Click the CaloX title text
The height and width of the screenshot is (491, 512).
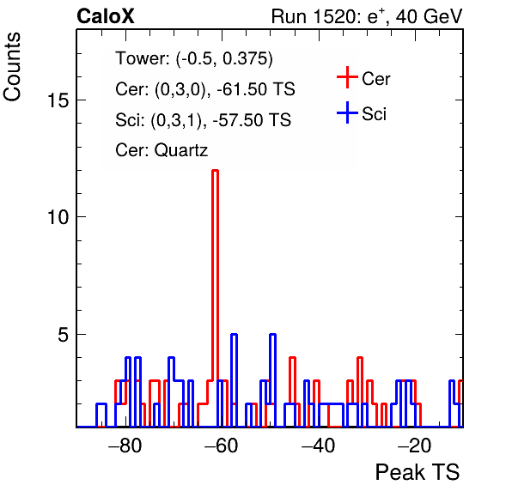(106, 16)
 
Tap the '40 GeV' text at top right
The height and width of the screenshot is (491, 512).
(429, 16)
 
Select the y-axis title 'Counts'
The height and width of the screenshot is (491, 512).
(12, 67)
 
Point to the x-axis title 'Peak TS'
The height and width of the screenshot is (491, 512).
(418, 472)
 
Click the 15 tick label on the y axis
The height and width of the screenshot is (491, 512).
(58, 100)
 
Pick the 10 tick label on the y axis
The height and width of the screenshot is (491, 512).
(58, 216)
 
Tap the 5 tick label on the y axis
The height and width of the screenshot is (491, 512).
(64, 334)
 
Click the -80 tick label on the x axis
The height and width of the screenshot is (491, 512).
(125, 446)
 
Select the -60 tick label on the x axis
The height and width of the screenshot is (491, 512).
(222, 446)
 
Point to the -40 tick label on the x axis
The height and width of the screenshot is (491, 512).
(318, 446)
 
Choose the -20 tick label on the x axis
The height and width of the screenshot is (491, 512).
(415, 446)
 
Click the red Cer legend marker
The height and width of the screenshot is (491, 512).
(347, 77)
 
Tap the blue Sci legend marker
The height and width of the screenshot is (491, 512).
(347, 112)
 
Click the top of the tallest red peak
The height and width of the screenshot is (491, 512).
(215, 170)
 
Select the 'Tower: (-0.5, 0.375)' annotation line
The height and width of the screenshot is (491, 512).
(194, 58)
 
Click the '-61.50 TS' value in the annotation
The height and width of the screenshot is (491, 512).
(256, 89)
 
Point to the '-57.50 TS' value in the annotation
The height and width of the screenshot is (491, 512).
(252, 119)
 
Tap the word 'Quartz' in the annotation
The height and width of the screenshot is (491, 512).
(181, 150)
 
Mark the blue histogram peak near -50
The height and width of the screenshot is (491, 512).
(273, 335)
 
